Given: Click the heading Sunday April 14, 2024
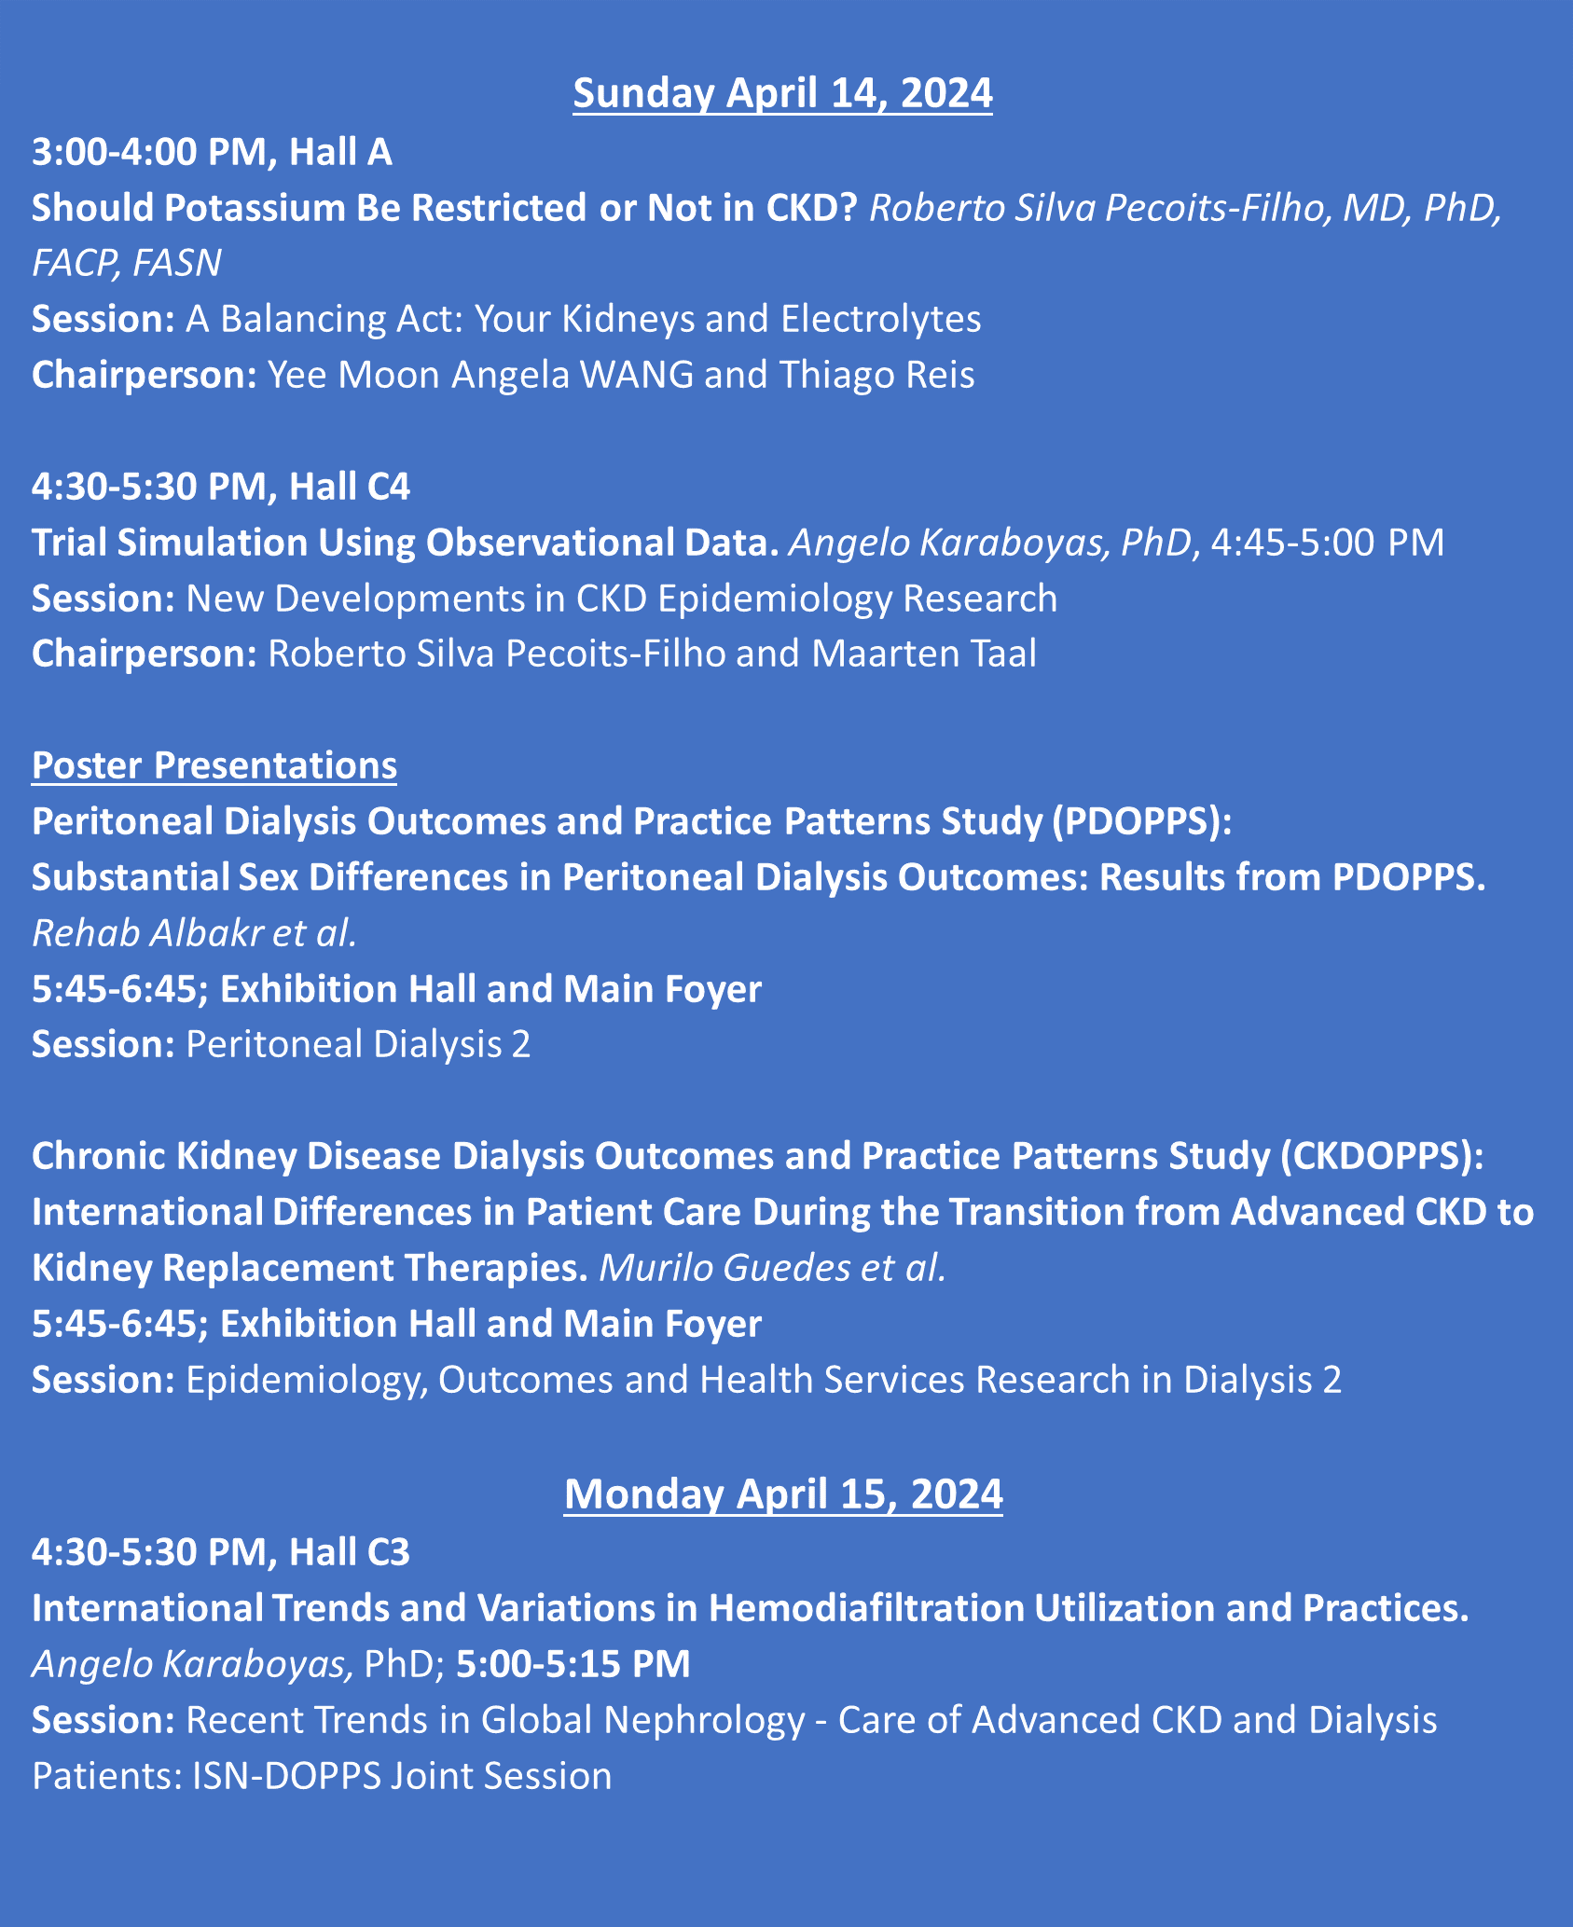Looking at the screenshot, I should coord(782,94).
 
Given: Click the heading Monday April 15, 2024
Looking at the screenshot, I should coord(783,1493).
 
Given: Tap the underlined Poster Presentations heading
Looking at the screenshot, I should coord(214,765).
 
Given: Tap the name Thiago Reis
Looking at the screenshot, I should coord(876,375).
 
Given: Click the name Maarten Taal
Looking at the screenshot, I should coord(923,654).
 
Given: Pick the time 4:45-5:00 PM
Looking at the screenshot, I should coord(1326,543).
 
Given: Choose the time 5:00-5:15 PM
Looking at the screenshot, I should coord(573,1664).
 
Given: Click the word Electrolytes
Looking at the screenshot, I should coord(880,319).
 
